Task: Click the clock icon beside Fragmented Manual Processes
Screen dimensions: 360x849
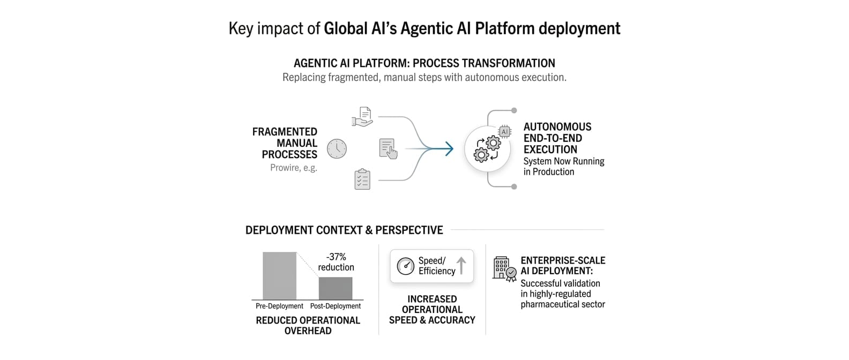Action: (337, 148)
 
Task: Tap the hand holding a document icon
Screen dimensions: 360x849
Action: (363, 117)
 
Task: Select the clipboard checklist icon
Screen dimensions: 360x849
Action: (362, 179)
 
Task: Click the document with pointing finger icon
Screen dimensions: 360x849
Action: (388, 148)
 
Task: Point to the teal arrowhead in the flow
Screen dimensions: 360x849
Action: (449, 148)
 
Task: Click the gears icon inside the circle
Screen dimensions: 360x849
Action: (487, 149)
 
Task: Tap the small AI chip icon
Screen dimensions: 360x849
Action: (504, 131)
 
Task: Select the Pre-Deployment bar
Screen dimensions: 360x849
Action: (279, 275)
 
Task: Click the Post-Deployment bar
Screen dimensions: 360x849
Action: (336, 288)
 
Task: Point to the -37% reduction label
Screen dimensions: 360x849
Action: (336, 262)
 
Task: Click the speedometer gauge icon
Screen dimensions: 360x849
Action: (405, 266)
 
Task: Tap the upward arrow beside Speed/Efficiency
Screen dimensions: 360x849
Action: (461, 265)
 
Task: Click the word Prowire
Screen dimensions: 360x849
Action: (285, 168)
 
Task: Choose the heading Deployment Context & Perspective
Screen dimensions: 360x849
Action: (344, 230)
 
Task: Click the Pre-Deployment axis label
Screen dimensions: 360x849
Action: (279, 306)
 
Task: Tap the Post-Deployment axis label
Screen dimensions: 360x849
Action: (336, 306)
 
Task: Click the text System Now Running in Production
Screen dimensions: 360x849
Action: (563, 166)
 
